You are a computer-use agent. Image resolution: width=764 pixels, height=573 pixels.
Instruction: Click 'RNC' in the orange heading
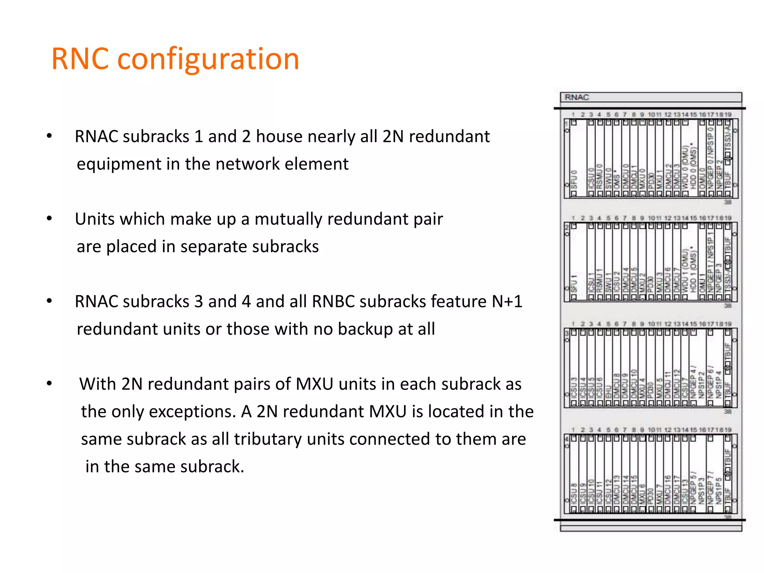[x=80, y=59]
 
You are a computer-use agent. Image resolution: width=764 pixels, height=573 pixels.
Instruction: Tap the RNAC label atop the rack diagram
[x=576, y=97]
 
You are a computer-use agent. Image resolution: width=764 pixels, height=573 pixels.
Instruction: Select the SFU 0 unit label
[x=574, y=179]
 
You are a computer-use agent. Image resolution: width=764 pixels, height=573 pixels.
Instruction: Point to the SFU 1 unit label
[x=574, y=284]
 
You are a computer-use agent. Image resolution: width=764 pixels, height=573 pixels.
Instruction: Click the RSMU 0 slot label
[x=599, y=176]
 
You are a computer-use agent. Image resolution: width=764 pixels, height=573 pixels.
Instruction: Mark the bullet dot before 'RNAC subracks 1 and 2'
[x=49, y=136]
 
